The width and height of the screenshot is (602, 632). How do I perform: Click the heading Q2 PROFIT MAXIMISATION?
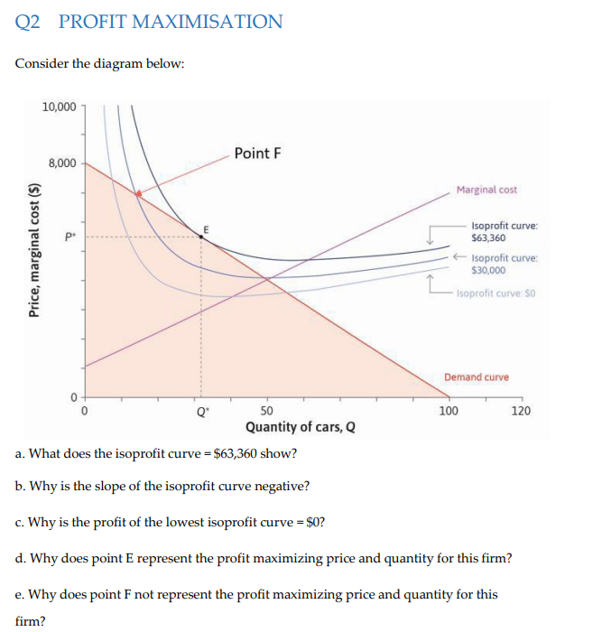click(149, 22)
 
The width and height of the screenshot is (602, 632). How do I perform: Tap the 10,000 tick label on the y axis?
click(60, 107)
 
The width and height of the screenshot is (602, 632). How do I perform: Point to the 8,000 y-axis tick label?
click(62, 163)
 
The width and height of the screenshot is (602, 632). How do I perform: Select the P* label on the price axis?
click(66, 237)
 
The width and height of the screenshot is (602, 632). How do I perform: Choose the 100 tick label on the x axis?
click(448, 410)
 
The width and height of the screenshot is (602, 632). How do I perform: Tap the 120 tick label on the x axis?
click(521, 410)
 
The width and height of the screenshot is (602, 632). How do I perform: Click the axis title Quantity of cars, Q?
click(300, 427)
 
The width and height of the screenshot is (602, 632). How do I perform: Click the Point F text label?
click(257, 153)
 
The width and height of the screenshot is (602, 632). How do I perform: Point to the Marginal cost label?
click(486, 190)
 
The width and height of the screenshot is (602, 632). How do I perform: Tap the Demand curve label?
click(476, 376)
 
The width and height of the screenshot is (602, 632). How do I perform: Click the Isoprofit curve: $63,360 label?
click(505, 231)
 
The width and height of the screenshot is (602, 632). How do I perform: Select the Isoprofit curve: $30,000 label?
click(505, 264)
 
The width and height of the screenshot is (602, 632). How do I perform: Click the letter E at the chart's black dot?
click(206, 228)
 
